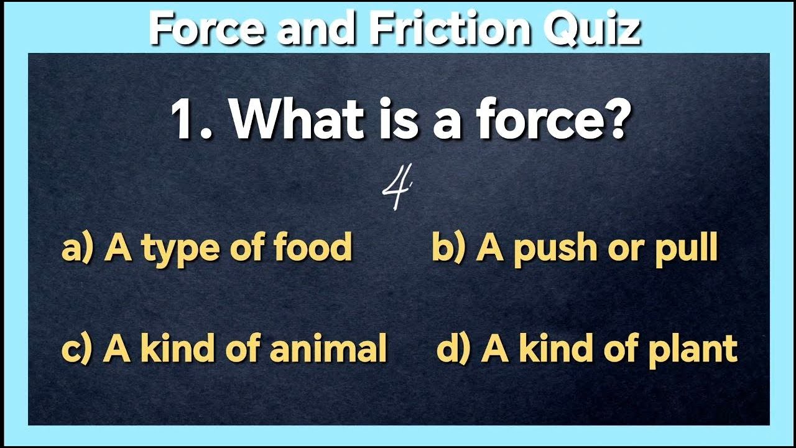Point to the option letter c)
pyautogui.click(x=76, y=348)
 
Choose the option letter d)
pyautogui.click(x=453, y=348)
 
